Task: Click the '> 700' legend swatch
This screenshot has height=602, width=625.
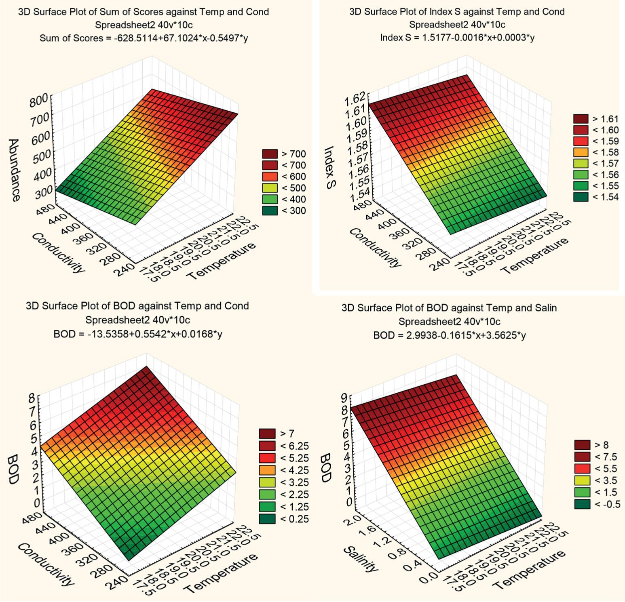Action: tap(270, 154)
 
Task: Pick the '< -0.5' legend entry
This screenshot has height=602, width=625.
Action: tap(597, 504)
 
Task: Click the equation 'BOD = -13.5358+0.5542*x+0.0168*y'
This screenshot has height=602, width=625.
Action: tap(138, 334)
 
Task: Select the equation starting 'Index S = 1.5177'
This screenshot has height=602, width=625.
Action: tap(457, 38)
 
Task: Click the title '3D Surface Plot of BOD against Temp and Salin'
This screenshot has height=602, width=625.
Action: tap(449, 308)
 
